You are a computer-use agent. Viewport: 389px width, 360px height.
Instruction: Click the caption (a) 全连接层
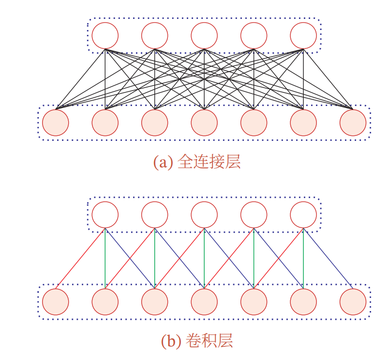coord(197,162)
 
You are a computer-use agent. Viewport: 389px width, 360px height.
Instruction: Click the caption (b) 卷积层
coord(197,341)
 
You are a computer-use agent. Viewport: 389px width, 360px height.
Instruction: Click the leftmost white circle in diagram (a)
coord(105,35)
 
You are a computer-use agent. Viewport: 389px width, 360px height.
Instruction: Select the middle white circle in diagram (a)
coord(204,35)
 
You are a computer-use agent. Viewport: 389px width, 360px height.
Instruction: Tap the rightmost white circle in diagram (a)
coord(303,35)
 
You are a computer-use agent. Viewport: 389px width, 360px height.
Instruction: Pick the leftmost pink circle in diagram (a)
coord(56,122)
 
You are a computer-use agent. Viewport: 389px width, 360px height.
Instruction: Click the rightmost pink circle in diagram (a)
coord(353,122)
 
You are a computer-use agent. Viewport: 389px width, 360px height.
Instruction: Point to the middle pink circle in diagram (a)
coord(204,122)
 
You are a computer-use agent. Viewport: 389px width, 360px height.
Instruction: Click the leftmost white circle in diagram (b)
coord(105,214)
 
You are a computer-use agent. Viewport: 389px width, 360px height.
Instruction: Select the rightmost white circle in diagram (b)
coord(303,214)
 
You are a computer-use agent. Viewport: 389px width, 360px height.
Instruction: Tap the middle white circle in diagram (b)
coord(204,214)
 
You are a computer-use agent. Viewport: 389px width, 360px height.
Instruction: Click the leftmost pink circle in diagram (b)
coord(56,301)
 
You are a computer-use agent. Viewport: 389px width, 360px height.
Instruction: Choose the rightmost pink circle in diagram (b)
coord(353,301)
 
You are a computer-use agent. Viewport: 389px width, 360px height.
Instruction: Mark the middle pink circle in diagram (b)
coord(204,301)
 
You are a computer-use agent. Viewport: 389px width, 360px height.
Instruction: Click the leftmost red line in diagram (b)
coord(80,259)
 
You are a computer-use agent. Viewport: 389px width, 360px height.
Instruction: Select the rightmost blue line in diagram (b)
coord(328,259)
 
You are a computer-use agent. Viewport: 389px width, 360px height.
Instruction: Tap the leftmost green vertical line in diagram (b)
coord(105,259)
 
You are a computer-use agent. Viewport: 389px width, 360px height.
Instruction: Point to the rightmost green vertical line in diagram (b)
coord(303,259)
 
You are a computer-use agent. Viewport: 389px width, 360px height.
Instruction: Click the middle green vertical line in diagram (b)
coord(204,259)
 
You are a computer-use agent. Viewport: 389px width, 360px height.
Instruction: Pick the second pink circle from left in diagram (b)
coord(105,301)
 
